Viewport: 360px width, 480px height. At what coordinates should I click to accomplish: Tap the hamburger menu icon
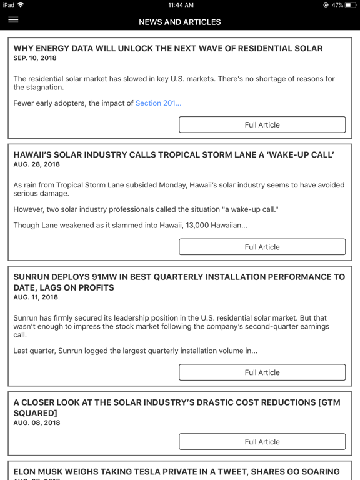(x=13, y=20)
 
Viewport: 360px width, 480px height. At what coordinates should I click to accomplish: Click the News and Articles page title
(x=180, y=22)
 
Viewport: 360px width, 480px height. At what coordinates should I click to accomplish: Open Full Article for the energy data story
(x=262, y=124)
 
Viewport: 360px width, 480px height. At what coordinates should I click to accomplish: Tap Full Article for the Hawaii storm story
(x=262, y=247)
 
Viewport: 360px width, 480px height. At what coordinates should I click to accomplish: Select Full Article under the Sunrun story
(x=262, y=372)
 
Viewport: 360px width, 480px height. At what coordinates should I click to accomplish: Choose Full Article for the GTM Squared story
(x=262, y=441)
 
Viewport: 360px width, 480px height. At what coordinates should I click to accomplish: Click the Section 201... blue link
(x=159, y=103)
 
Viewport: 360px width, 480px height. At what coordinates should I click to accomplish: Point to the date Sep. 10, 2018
(x=35, y=57)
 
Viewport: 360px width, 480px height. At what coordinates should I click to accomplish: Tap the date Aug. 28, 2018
(x=36, y=164)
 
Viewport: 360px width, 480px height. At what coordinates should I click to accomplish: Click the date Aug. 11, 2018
(x=36, y=297)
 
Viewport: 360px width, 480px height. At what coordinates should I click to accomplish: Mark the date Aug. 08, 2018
(x=36, y=423)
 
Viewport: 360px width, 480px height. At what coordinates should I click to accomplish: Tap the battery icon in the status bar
(x=351, y=5)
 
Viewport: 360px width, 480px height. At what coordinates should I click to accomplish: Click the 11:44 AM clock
(x=180, y=5)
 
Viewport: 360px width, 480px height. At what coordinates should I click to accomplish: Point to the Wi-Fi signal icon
(x=21, y=5)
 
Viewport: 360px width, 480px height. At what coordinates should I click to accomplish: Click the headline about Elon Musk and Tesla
(x=176, y=472)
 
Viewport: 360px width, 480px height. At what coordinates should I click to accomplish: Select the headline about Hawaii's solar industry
(x=174, y=154)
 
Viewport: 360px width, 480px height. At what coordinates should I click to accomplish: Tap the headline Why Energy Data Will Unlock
(x=168, y=48)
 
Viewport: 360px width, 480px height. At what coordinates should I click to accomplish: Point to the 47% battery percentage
(x=337, y=5)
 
